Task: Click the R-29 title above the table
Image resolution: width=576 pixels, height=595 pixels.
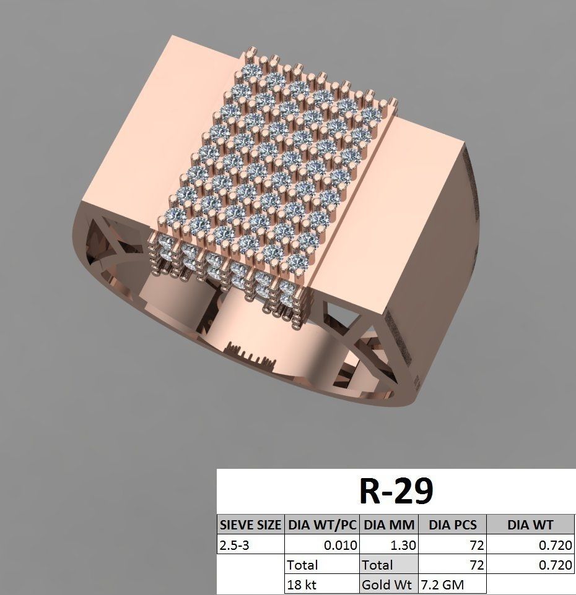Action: pos(396,492)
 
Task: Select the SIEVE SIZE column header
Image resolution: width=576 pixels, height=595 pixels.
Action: pos(250,525)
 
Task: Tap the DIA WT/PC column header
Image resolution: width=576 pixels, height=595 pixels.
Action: pos(321,525)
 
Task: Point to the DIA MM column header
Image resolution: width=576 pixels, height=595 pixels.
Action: pos(388,525)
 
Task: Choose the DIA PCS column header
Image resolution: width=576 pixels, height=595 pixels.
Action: pos(452,525)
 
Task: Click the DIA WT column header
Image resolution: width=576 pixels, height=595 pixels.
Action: pos(530,525)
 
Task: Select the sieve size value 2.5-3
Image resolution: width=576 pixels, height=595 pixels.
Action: pos(235,546)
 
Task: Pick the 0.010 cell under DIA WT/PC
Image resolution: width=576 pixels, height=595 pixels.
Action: pos(341,546)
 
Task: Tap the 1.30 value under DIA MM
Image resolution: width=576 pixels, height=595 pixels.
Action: pos(404,546)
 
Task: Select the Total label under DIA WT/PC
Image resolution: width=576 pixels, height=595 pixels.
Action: pos(302,565)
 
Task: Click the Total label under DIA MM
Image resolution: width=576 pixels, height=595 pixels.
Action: pos(377,565)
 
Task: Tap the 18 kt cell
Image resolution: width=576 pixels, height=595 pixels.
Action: pos(302,584)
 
